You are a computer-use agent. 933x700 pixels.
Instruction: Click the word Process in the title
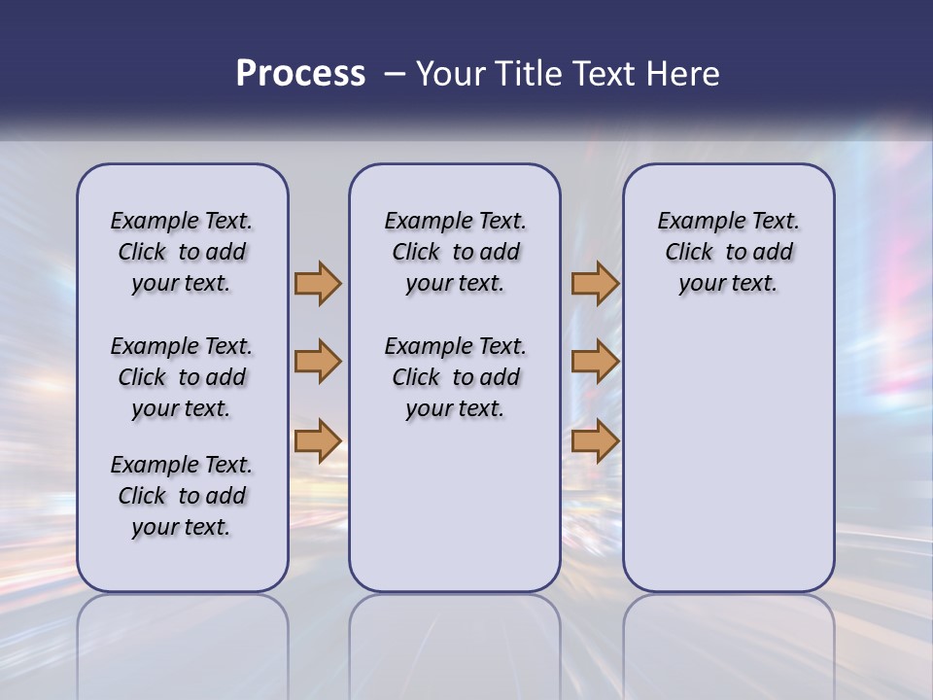(300, 74)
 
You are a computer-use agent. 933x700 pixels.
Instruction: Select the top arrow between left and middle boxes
(318, 283)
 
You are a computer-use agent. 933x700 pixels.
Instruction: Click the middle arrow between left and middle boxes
(318, 362)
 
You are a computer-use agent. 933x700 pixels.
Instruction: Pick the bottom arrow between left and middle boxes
(318, 440)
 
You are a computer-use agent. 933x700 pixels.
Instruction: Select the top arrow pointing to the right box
(595, 283)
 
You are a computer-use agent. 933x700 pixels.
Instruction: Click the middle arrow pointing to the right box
(595, 362)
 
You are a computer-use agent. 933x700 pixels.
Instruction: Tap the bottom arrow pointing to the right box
(595, 440)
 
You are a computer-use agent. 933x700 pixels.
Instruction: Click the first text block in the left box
(182, 252)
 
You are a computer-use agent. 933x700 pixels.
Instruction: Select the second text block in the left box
(182, 377)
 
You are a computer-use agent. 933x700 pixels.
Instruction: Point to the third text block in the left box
(182, 496)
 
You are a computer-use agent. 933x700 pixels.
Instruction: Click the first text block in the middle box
(455, 252)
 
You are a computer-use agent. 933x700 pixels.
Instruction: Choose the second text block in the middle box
(455, 377)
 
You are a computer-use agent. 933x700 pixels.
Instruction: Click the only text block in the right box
(728, 252)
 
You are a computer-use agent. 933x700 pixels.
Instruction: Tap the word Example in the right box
(694, 222)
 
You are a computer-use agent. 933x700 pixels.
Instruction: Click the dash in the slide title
(394, 74)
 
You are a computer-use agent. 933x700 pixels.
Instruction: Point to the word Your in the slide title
(451, 74)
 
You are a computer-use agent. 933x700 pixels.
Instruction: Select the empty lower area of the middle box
(455, 506)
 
